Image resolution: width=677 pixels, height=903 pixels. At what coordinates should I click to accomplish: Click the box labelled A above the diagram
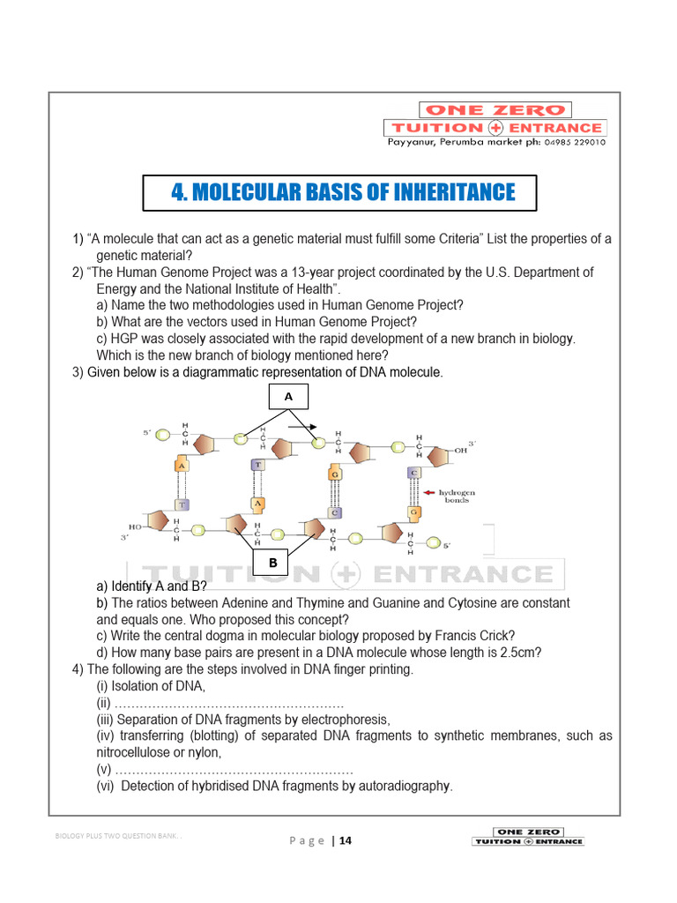click(287, 398)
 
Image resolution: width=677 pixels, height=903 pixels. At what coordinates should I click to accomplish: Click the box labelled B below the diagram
click(273, 563)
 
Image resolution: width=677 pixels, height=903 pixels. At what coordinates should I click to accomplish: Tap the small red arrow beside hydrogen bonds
click(431, 492)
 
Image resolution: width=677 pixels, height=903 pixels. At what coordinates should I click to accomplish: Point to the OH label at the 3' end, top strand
click(460, 450)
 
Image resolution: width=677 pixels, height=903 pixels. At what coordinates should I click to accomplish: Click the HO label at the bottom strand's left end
click(135, 526)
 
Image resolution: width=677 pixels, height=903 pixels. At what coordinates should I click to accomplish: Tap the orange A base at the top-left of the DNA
click(181, 466)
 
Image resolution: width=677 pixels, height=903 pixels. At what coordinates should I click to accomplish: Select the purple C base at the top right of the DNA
click(413, 473)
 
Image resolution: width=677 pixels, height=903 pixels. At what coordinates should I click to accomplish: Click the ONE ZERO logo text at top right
click(495, 110)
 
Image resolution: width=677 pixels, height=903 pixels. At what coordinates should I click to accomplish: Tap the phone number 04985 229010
click(575, 142)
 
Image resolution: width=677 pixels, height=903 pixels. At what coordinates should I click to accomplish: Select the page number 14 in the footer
click(345, 840)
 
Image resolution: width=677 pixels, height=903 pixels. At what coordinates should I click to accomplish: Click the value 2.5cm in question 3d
click(518, 653)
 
